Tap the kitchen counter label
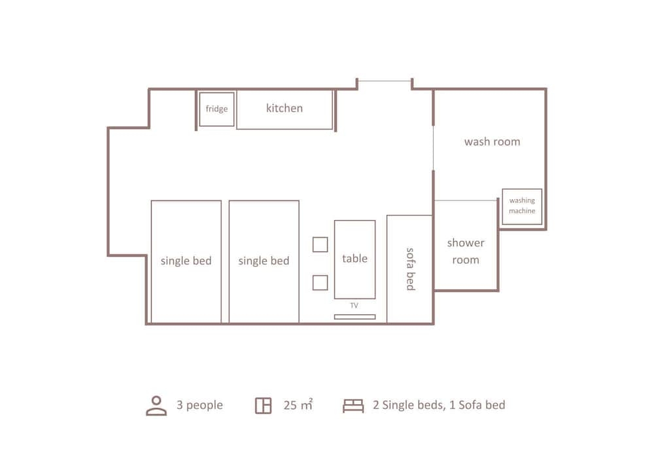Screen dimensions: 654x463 pyautogui.click(x=284, y=108)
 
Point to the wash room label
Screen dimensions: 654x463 pyautogui.click(x=492, y=142)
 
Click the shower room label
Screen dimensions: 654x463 pyautogui.click(x=466, y=251)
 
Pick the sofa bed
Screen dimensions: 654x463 pyautogui.click(x=409, y=269)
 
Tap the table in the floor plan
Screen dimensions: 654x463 pyautogui.click(x=355, y=259)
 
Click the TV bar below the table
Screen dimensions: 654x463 pyautogui.click(x=355, y=317)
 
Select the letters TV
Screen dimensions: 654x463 pyautogui.click(x=354, y=306)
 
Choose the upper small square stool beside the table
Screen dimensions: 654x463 pyautogui.click(x=320, y=245)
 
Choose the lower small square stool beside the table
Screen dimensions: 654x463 pyautogui.click(x=320, y=283)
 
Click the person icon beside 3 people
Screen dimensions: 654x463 pyautogui.click(x=156, y=406)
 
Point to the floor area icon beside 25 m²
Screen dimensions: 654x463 pyautogui.click(x=263, y=405)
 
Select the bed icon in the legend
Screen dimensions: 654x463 pyautogui.click(x=353, y=406)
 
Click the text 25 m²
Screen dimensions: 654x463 pyautogui.click(x=298, y=405)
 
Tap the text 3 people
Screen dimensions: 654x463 pyautogui.click(x=199, y=405)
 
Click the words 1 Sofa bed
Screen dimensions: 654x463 pyautogui.click(x=477, y=405)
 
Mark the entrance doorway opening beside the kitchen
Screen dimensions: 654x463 pyautogui.click(x=385, y=81)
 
